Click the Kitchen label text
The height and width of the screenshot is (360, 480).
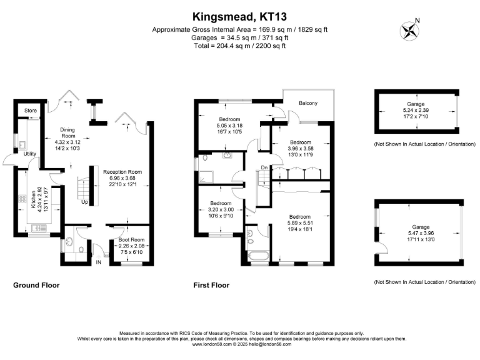[x=33, y=201]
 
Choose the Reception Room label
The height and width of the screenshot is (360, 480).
[x=123, y=172]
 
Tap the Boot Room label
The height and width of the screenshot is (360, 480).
[x=132, y=239]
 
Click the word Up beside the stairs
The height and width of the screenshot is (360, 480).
[x=84, y=202]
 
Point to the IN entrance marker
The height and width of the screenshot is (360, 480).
[x=97, y=262]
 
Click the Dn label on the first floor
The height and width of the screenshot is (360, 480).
[x=264, y=167]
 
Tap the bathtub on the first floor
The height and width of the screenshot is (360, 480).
[x=257, y=256]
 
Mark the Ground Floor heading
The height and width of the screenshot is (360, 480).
[x=36, y=285]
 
